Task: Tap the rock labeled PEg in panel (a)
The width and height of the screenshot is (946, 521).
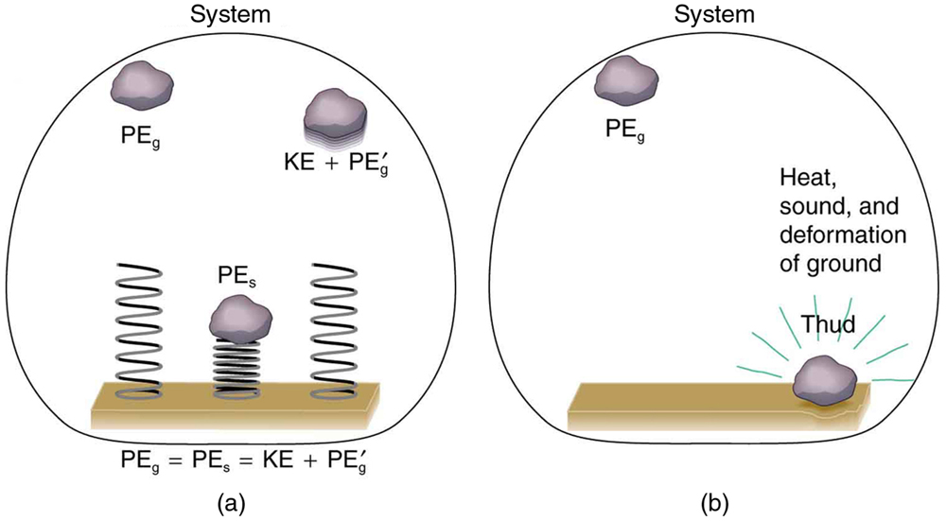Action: pyautogui.click(x=143, y=86)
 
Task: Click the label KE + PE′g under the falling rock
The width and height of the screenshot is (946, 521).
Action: pyautogui.click(x=336, y=160)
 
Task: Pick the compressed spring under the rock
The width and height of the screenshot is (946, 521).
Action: pyautogui.click(x=242, y=369)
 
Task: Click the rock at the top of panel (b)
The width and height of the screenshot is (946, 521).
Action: pyautogui.click(x=624, y=81)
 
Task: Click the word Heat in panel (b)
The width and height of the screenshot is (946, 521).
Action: pyautogui.click(x=803, y=178)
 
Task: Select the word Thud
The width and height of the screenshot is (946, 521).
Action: pyautogui.click(x=829, y=326)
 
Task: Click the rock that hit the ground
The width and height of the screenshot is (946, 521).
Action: pyautogui.click(x=824, y=381)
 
